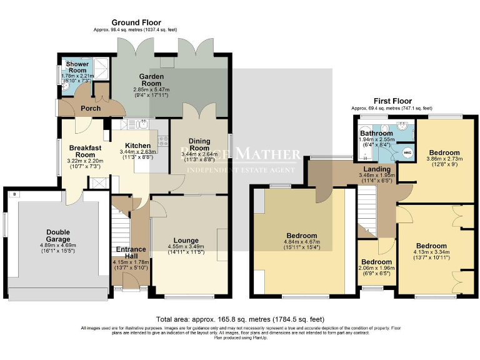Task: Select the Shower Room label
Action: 77,68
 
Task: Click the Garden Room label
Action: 152,81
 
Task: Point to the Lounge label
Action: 186,240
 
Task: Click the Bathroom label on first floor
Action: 376,134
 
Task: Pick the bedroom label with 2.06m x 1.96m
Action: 376,262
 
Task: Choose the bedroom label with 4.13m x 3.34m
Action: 431,246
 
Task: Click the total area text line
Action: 241,319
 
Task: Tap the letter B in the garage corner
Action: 13,194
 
